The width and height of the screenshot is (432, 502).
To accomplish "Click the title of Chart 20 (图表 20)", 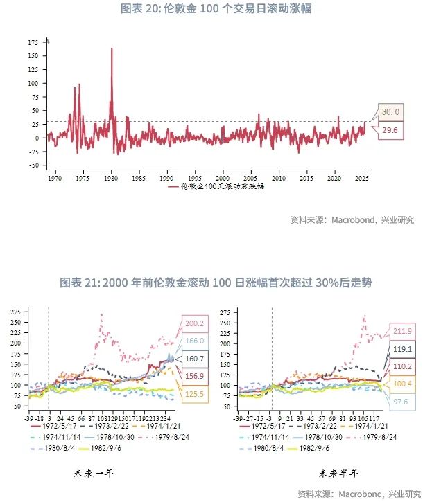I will [216, 9].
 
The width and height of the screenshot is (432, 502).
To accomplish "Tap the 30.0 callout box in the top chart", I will [391, 111].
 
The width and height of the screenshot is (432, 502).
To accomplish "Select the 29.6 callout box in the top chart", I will [390, 129].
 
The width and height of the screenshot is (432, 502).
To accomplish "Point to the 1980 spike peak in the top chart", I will [112, 49].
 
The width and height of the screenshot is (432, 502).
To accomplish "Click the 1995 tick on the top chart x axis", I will [196, 178].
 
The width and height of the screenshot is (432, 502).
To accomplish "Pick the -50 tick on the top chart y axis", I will [33, 165].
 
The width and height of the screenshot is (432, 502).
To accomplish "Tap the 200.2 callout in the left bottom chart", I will [196, 323].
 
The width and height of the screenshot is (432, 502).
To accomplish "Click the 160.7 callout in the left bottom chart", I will [196, 359].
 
